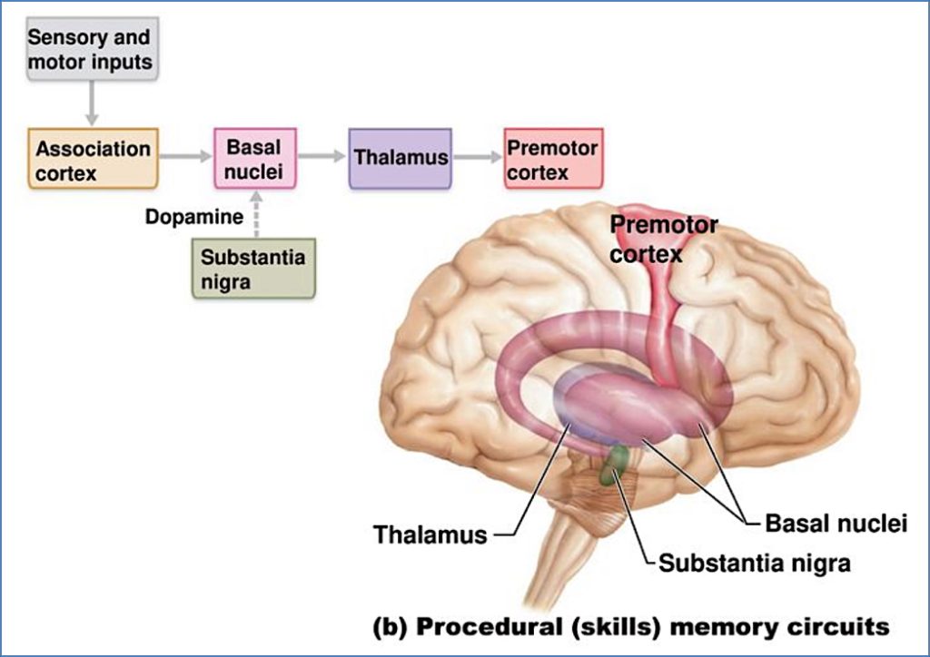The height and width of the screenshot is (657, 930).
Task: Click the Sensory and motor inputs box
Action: click(89, 51)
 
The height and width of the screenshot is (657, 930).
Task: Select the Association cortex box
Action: click(93, 159)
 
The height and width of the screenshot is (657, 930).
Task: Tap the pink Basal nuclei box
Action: click(254, 158)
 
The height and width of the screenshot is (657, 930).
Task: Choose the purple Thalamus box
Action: click(400, 158)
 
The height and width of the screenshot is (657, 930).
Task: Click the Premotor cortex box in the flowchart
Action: click(552, 159)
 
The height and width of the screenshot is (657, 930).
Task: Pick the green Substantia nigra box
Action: click(253, 269)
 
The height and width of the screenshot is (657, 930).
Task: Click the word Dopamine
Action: click(194, 218)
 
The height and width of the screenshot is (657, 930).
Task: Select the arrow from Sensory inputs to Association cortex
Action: click(90, 103)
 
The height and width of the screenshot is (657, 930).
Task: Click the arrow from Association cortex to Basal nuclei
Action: click(185, 157)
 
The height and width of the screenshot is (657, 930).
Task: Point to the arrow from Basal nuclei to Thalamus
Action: click(322, 157)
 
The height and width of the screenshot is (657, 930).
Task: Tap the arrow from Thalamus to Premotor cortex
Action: click(477, 157)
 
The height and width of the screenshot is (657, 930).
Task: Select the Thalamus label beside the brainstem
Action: click(430, 534)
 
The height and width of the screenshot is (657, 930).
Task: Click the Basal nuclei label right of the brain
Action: click(836, 524)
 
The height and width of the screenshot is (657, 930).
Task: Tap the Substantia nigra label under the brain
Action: click(754, 563)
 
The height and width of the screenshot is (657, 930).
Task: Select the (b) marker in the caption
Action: click(391, 626)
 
